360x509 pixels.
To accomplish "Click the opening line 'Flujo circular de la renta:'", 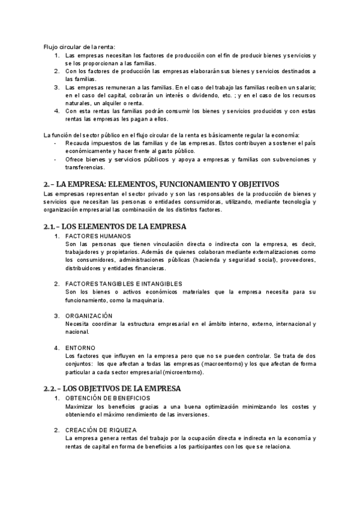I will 79,47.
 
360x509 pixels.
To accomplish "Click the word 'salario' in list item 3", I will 304,88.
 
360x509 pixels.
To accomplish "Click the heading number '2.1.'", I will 52,226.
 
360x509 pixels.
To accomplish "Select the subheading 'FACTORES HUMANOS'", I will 97,236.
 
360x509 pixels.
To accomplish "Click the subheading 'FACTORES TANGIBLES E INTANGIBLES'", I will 124,283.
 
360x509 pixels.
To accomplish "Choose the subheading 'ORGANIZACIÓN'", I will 89,315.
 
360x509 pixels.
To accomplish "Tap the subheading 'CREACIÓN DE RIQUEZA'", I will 101,430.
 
